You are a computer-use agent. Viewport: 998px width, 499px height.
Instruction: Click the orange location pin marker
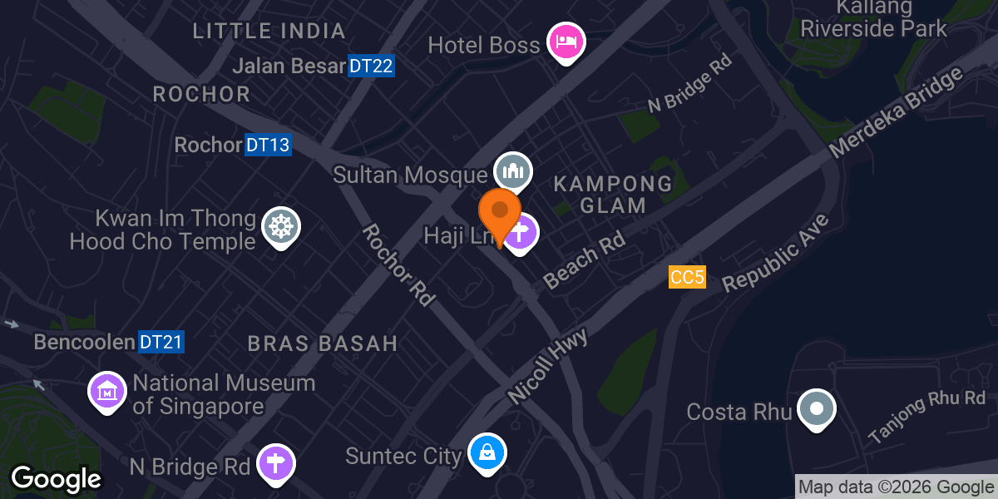pos(500,213)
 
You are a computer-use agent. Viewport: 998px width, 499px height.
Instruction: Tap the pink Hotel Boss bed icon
pos(566,42)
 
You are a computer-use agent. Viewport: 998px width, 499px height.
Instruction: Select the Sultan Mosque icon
pos(512,172)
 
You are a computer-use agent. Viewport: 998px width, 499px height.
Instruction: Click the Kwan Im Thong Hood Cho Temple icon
pos(281,226)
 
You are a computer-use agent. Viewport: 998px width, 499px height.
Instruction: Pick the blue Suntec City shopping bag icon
pos(486,454)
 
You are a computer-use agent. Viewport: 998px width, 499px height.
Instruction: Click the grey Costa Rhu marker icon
pos(816,408)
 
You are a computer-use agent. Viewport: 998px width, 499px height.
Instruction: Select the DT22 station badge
pos(370,66)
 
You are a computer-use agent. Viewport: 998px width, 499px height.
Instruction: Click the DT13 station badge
pos(268,145)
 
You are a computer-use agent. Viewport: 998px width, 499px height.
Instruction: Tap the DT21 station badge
pos(161,342)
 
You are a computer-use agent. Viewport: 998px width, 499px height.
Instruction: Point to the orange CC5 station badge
pos(687,278)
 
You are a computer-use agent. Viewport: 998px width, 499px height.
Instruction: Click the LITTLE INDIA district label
pos(269,32)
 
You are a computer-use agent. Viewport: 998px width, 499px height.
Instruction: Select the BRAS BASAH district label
pos(323,343)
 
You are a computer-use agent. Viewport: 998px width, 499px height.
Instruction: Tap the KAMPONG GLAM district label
pos(613,194)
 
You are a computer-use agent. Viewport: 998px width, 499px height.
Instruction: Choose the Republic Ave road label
pos(776,253)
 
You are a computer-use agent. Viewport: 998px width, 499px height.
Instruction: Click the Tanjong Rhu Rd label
pos(926,416)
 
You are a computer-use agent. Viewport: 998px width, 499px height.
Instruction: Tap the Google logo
pos(56,478)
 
